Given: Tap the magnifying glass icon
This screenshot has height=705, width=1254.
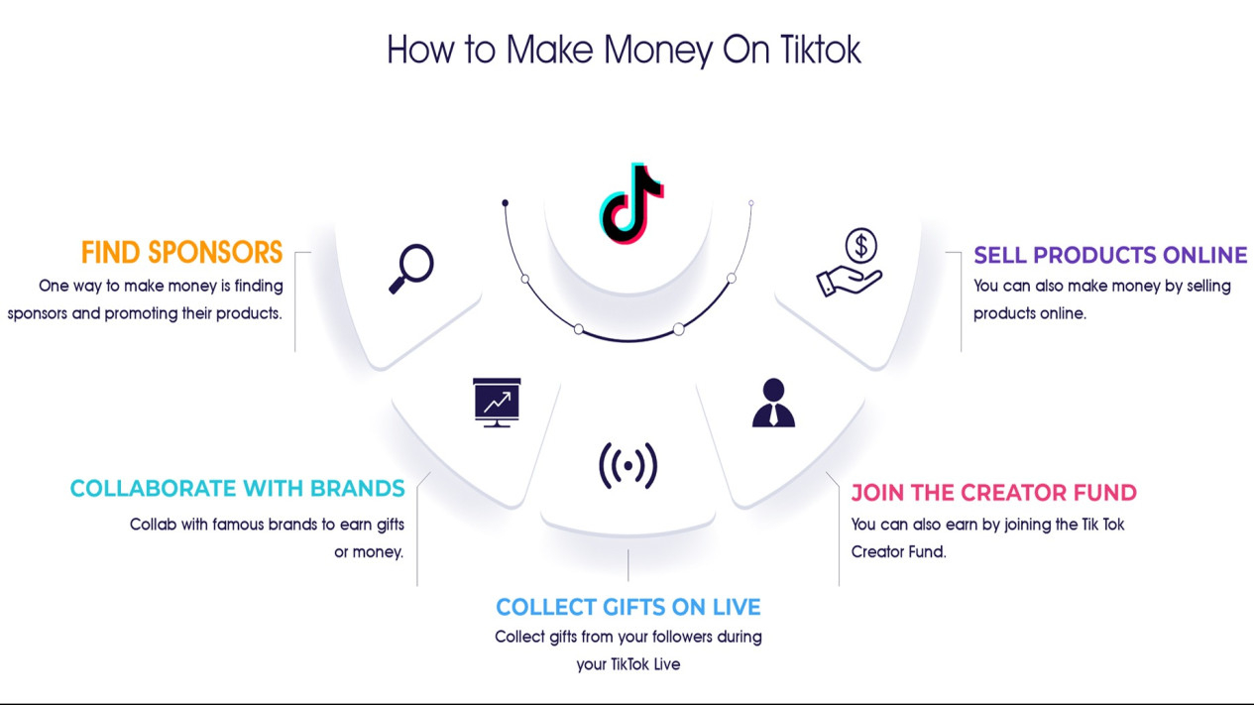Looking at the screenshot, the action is click(411, 269).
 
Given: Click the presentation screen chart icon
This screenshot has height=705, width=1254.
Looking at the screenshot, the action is click(497, 402).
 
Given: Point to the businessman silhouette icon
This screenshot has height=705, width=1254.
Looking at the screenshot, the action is click(773, 403).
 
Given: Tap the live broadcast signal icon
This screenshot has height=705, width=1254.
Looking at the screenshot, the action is click(628, 465).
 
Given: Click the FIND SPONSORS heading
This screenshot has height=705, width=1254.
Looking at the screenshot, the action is click(182, 253).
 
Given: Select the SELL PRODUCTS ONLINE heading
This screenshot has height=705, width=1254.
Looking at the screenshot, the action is click(1110, 256).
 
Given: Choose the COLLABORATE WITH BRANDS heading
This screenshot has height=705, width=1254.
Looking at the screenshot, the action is click(237, 489).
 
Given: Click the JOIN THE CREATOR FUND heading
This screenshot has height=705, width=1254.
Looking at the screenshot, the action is click(993, 493).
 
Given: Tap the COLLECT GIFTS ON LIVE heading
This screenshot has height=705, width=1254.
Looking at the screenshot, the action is click(628, 607).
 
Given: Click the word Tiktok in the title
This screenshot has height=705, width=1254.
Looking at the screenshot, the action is click(820, 50).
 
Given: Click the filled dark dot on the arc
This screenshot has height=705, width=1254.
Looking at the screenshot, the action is click(505, 202).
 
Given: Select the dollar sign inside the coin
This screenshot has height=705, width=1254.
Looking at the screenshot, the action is click(861, 246).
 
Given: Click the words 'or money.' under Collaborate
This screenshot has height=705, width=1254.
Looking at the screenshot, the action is click(369, 552).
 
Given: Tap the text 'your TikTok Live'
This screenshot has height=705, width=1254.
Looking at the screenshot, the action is click(628, 664).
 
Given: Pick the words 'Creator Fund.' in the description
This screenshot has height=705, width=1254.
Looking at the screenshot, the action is click(898, 552).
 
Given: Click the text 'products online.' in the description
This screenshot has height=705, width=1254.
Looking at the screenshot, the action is click(1030, 313).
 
